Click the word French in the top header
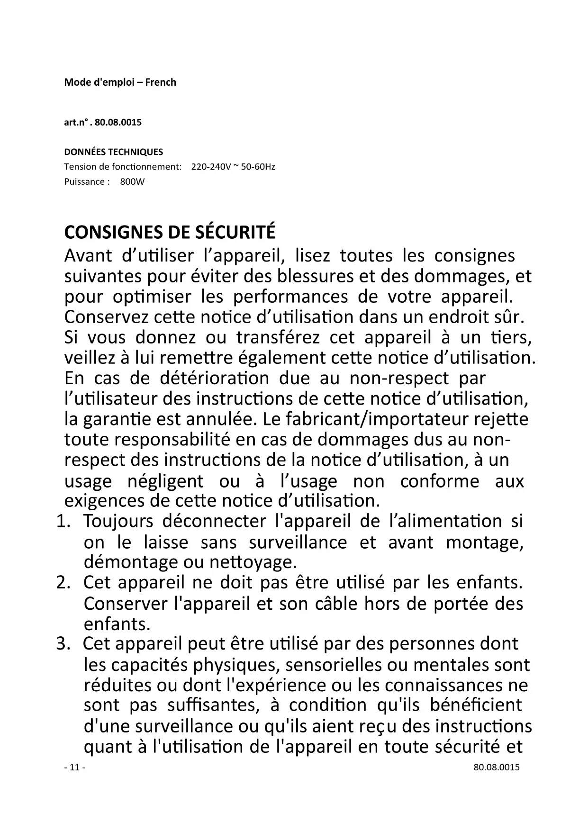(x=161, y=82)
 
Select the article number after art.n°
(x=118, y=123)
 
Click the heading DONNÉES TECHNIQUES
(x=113, y=152)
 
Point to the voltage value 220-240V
(x=211, y=167)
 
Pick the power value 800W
(x=132, y=181)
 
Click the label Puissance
(x=84, y=181)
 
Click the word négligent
(x=165, y=481)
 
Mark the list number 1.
(x=63, y=521)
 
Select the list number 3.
(x=63, y=644)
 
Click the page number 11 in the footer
(x=74, y=768)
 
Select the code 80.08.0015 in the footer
(x=496, y=768)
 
